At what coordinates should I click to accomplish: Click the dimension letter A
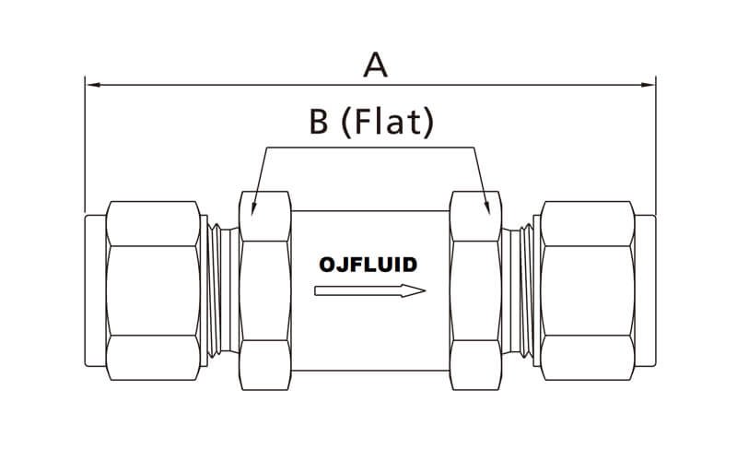(x=373, y=65)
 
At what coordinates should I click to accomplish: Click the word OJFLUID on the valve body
(x=368, y=265)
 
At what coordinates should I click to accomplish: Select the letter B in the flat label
(x=319, y=123)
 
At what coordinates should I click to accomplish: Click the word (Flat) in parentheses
(x=387, y=123)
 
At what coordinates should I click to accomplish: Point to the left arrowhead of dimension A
(x=89, y=84)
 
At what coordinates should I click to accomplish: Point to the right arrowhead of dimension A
(x=650, y=84)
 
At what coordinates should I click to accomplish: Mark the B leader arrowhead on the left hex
(x=253, y=209)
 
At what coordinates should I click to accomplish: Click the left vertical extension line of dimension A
(x=85, y=148)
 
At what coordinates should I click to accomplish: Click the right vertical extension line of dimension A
(x=655, y=148)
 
